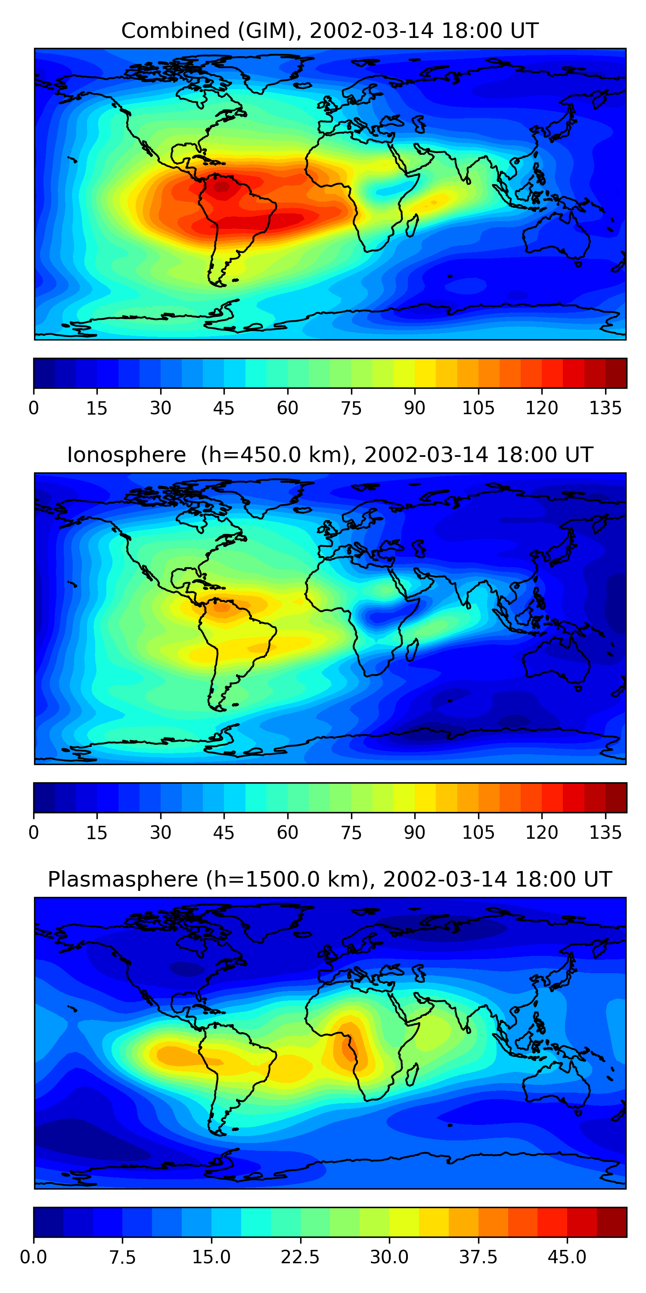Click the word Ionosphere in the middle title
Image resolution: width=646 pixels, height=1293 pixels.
pos(126,455)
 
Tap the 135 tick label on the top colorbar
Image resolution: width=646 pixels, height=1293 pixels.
pos(606,408)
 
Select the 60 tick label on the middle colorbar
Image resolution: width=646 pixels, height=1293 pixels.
pos(287,833)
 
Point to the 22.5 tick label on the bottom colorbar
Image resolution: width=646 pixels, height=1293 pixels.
pos(300,1257)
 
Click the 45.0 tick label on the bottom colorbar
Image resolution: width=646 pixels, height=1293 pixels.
pos(567,1257)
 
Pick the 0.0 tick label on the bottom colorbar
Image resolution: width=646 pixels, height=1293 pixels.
pos(34,1257)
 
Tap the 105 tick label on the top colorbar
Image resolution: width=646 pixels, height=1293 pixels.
pos(478,408)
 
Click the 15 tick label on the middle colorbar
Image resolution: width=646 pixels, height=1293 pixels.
pos(97,833)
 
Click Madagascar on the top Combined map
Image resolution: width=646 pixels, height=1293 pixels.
pos(412,225)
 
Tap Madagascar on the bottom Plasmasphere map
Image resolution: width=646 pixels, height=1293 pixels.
pos(412,1074)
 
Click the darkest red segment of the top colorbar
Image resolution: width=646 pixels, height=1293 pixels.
pos(616,373)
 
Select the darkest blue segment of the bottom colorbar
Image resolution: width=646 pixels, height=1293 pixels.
pos(48,1222)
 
